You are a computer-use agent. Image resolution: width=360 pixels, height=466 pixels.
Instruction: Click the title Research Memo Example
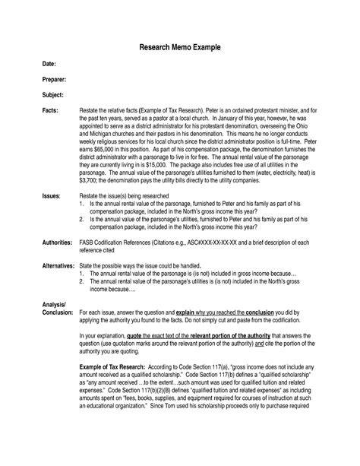pyautogui.click(x=180, y=48)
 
